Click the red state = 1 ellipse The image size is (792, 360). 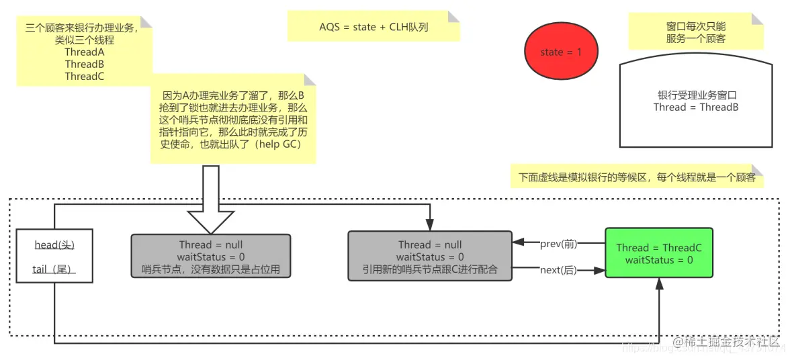pos(561,52)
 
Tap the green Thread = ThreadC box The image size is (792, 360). pos(659,254)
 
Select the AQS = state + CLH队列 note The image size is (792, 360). pos(373,28)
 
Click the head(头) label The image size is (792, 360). pos(54,245)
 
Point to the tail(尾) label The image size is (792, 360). pos(54,269)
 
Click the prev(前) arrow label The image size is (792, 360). pos(558,244)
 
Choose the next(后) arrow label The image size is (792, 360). pos(558,270)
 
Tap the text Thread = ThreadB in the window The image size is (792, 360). pos(696,107)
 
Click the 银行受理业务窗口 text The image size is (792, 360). pos(696,95)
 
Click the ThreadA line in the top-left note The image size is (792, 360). pos(85,52)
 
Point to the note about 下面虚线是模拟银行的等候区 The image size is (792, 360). pos(637,178)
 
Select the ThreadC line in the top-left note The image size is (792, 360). pos(85,76)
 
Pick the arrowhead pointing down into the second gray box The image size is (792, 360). pos(430,228)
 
